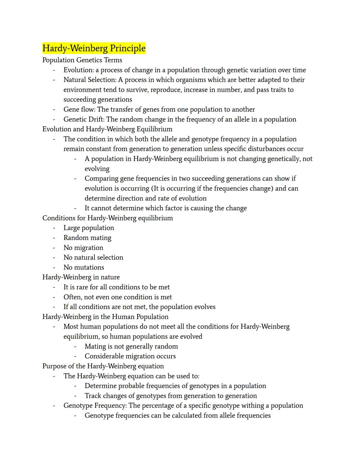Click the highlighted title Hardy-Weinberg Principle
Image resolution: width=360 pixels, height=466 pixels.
pyautogui.click(x=94, y=48)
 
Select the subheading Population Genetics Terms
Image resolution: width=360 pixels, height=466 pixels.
pyautogui.click(x=82, y=60)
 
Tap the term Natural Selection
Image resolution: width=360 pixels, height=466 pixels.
pyautogui.click(x=90, y=80)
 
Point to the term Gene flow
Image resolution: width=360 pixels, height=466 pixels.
pyautogui.click(x=79, y=109)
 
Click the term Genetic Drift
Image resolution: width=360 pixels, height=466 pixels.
pyautogui.click(x=84, y=119)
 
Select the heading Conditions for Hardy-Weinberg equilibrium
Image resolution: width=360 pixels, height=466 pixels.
pyautogui.click(x=107, y=218)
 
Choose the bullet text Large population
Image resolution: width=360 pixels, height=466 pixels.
pyautogui.click(x=89, y=228)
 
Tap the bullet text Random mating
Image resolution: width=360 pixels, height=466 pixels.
pyautogui.click(x=87, y=238)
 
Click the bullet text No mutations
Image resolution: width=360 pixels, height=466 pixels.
pyautogui.click(x=84, y=268)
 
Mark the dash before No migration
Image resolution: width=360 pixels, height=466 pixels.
pyautogui.click(x=54, y=248)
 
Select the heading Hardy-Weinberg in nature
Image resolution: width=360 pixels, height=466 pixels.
pyautogui.click(x=81, y=277)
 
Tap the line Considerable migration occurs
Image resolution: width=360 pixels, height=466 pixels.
pyautogui.click(x=130, y=356)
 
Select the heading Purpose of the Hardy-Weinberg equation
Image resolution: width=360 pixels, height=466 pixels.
pyautogui.click(x=103, y=366)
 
